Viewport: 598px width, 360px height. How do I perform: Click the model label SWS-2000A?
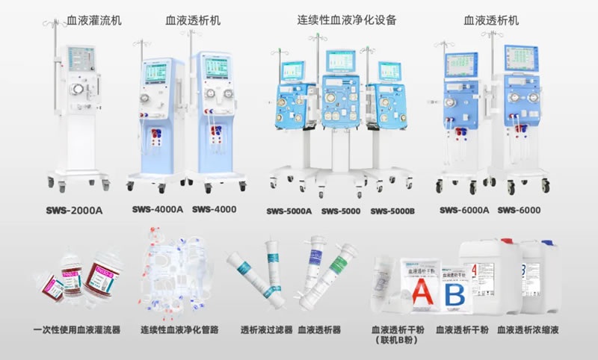73,210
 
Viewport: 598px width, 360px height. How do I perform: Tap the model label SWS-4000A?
158,209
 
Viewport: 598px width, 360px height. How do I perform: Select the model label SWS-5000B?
392,211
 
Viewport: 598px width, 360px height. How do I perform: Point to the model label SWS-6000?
520,210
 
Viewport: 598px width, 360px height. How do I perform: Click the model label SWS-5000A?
289,211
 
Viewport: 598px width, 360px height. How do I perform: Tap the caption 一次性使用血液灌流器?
77,329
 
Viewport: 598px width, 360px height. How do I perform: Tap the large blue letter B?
454,294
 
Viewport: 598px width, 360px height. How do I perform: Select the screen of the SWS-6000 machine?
520,58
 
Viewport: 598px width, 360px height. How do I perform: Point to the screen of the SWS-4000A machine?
156,72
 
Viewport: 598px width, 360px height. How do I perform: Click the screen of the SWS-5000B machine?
389,71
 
